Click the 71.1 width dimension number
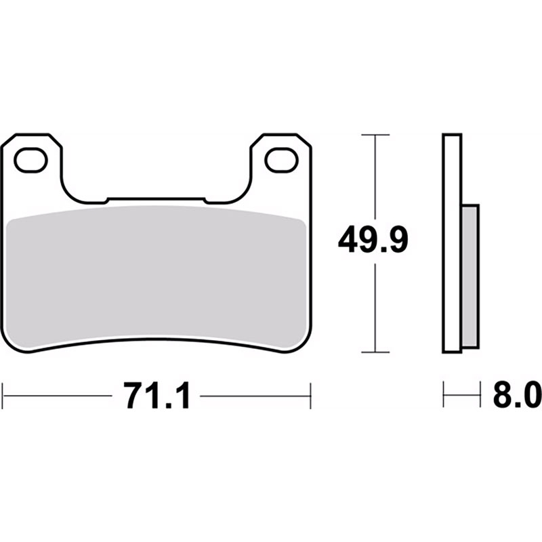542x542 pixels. point(158,396)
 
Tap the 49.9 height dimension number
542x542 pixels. point(373,240)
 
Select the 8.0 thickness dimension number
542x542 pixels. point(518,394)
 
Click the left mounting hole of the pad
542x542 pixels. point(30,160)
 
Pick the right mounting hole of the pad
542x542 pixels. point(282,160)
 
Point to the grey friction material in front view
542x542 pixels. point(157,276)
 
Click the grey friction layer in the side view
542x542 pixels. point(470,276)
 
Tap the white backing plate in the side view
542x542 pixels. point(452,243)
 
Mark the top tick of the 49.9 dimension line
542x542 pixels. point(375,135)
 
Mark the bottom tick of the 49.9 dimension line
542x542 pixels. point(375,352)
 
